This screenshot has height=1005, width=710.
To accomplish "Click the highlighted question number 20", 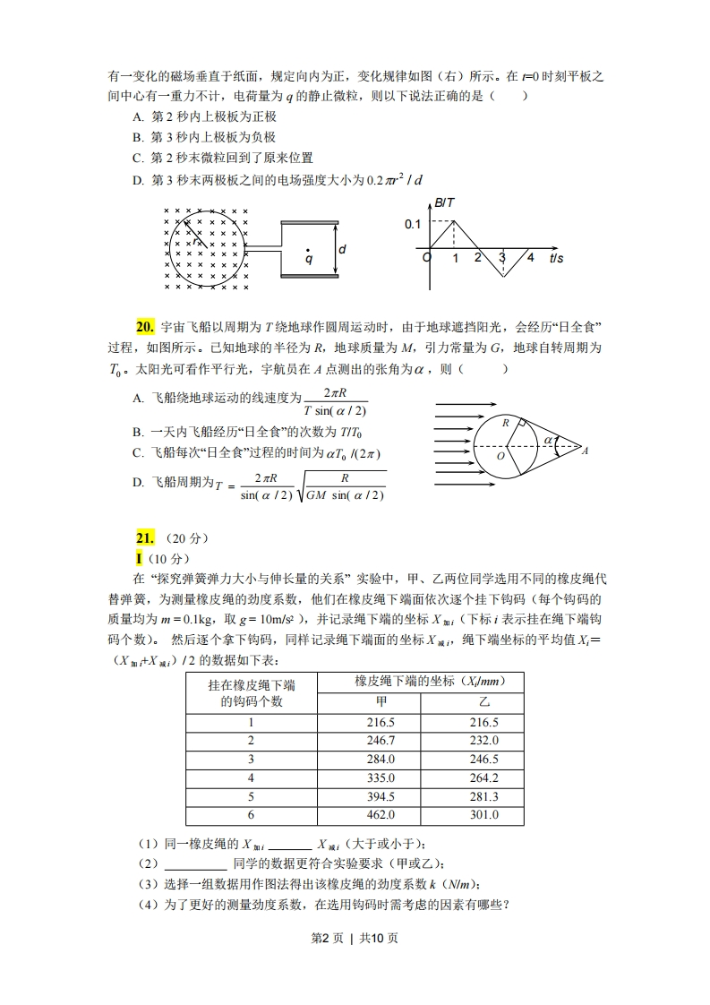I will point(146,327).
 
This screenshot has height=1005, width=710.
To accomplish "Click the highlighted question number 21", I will point(146,537).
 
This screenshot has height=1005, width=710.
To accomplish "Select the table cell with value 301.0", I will point(483,815).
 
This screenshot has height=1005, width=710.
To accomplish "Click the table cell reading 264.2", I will point(483,777).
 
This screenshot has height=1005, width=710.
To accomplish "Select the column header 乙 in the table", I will point(483,701).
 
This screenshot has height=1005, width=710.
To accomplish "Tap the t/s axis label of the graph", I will point(557,258).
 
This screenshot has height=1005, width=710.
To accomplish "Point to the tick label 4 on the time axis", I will point(530,258).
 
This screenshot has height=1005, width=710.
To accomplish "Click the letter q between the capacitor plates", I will point(308,259).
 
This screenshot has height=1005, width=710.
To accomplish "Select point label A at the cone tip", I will point(585,451).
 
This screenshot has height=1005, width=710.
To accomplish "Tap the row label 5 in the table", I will point(252,796).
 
